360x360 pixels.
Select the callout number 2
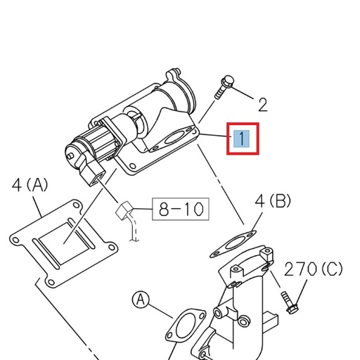(x=262, y=105)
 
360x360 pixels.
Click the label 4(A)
(x=30, y=186)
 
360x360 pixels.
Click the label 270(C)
(x=314, y=269)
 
